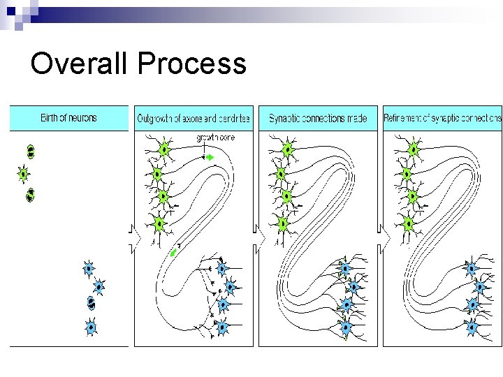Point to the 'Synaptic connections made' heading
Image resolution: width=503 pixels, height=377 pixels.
[x=318, y=119]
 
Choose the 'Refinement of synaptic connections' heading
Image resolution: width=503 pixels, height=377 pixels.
[x=442, y=119]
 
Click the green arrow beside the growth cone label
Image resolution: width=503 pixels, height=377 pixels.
[x=208, y=158]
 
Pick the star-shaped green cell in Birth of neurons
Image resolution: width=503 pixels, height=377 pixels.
[x=24, y=173]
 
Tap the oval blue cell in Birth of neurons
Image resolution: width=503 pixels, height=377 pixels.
[x=91, y=302]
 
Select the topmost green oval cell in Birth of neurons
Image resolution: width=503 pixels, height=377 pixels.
[x=30, y=151]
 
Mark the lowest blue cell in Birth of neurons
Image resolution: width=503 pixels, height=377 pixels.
[x=90, y=326]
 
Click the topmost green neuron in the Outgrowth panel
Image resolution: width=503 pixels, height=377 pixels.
[x=163, y=149]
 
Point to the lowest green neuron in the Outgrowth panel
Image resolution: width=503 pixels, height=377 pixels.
[x=159, y=224]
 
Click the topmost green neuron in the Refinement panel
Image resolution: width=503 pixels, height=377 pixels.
[x=413, y=149]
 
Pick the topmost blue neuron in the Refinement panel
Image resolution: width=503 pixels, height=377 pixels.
[x=471, y=268]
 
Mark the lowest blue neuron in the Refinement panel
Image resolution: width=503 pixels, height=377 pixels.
[x=471, y=325]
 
